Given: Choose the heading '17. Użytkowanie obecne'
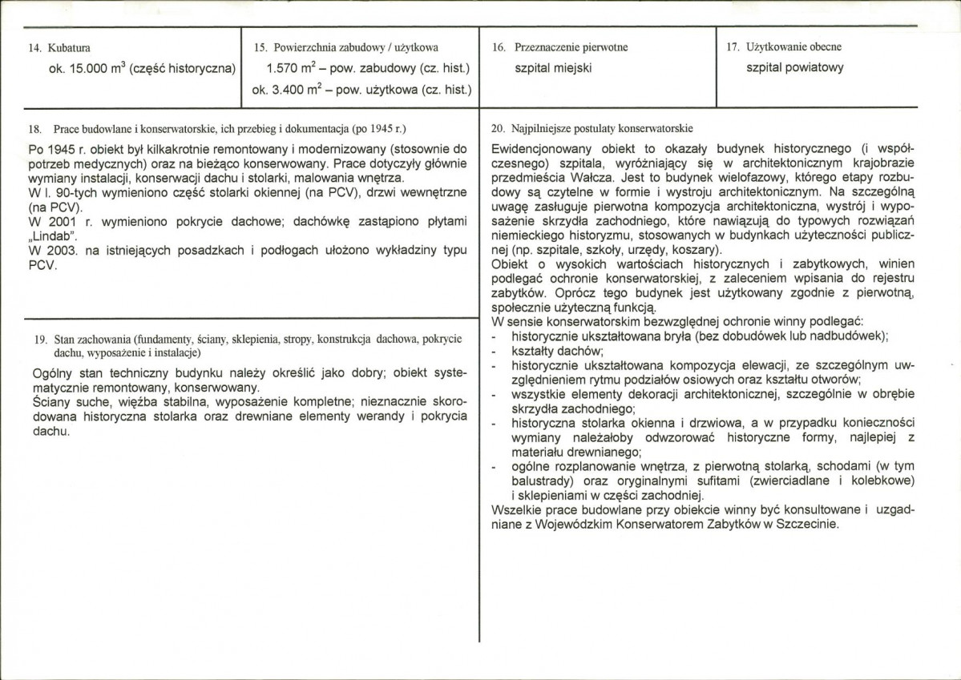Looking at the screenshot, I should pyautogui.click(x=783, y=47).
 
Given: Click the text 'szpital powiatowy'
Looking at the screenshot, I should pyautogui.click(x=794, y=69).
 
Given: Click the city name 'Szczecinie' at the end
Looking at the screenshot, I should pyautogui.click(x=809, y=525).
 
